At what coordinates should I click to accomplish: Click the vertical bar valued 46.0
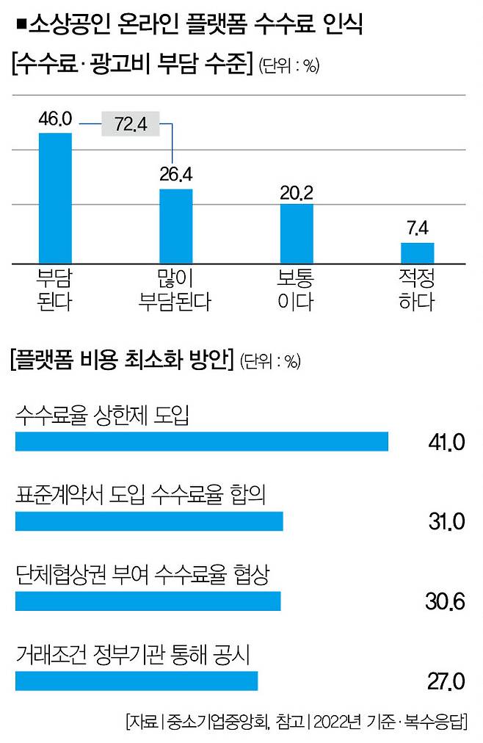(55, 197)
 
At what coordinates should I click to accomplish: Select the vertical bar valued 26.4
(176, 225)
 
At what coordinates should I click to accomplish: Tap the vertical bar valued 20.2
(297, 233)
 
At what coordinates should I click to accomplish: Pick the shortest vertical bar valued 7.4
(417, 252)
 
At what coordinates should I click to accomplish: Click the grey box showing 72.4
(131, 124)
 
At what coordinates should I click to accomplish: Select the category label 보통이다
(296, 289)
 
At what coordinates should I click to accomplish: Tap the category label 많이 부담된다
(175, 289)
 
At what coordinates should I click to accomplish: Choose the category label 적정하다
(416, 289)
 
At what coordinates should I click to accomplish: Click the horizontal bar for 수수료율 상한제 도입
(201, 441)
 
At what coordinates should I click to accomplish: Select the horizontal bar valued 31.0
(149, 521)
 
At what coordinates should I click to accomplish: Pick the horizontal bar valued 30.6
(148, 601)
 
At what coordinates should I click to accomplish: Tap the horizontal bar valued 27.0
(137, 681)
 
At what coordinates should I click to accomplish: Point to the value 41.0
(446, 442)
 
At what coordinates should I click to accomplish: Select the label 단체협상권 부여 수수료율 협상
(142, 575)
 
